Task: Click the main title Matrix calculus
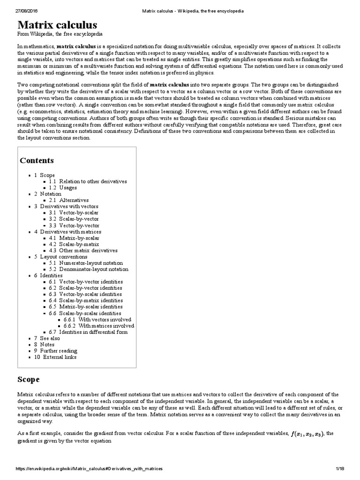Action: (58, 25)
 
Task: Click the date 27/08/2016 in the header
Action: (28, 10)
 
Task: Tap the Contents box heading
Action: (37, 161)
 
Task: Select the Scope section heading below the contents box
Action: (29, 379)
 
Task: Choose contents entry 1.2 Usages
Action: (65, 187)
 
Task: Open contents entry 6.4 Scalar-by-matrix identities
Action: (86, 300)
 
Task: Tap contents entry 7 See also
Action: (47, 338)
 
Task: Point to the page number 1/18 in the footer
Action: (340, 469)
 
